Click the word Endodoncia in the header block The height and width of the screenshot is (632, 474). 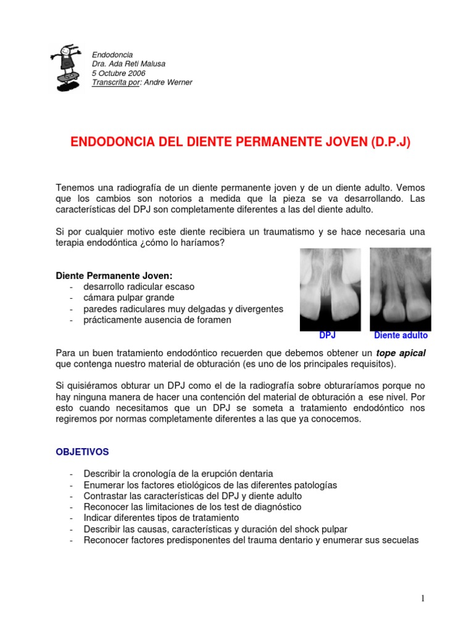coord(112,55)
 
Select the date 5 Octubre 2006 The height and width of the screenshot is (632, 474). coord(118,73)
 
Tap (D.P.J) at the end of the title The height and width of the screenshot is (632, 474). coord(390,143)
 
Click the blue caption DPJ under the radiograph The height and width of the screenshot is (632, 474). coord(327,336)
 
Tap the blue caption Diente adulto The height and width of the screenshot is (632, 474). coord(401,336)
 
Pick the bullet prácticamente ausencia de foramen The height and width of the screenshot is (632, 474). coord(157,320)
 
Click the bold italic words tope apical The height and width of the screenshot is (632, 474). coord(401,353)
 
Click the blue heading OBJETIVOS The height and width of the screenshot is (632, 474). coord(82,452)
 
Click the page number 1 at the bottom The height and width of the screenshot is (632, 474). coord(423,598)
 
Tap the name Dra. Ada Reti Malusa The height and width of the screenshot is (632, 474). coord(128,64)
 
